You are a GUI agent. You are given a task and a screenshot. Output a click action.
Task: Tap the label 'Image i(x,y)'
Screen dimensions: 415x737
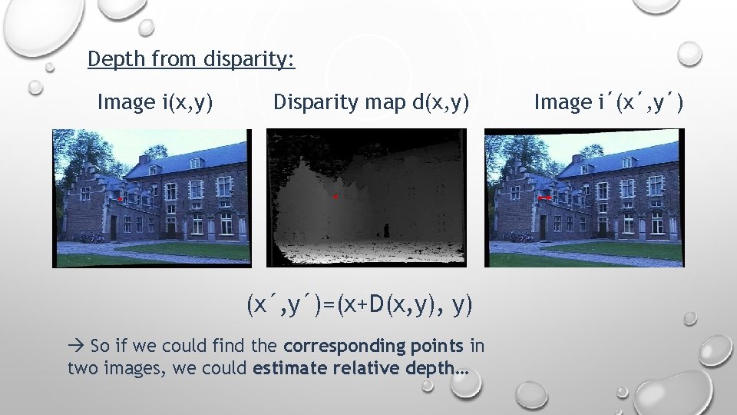coord(155,102)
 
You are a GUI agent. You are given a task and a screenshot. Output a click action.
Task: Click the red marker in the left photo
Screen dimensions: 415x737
coord(119,200)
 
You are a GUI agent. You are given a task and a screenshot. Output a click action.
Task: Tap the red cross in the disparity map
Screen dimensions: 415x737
coord(335,198)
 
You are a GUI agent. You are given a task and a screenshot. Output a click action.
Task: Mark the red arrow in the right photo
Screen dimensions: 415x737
coord(544,199)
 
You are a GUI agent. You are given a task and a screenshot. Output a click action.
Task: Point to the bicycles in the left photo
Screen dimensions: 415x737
coord(92,237)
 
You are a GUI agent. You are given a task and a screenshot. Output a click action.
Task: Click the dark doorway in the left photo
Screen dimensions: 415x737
coord(114,227)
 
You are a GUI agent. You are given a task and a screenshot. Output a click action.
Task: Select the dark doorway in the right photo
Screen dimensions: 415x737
coord(543,227)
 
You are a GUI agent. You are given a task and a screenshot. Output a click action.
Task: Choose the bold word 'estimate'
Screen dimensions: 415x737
coord(289,368)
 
